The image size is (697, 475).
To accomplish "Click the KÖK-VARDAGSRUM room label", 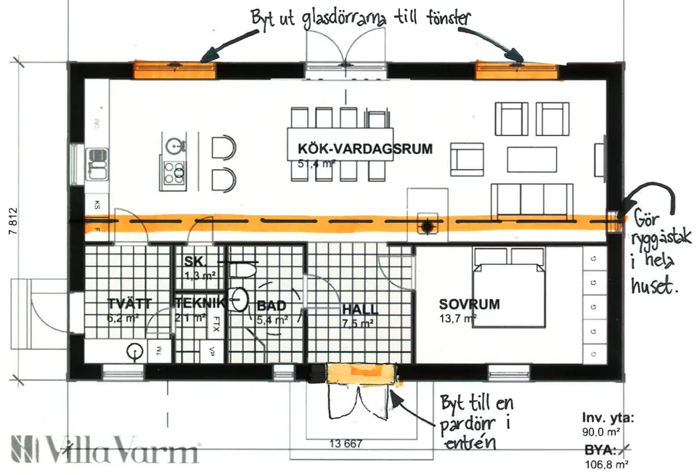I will pos(364,149).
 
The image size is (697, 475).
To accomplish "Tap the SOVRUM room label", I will pos(469,304).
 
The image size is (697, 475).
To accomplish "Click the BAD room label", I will pos(271,306).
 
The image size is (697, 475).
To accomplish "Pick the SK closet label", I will pos(192,261).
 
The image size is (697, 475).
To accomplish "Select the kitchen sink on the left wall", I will pos(97,163).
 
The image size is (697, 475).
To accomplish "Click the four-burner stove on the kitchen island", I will pos(174,172).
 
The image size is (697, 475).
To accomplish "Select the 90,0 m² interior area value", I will pos(605,431).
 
